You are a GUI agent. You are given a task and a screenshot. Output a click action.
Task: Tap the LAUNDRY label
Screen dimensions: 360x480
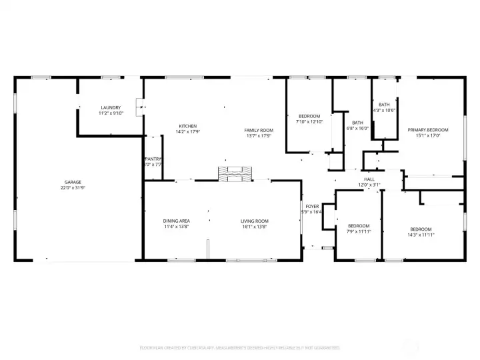coord(111,107)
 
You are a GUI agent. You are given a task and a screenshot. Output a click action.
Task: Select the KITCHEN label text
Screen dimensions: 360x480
coord(188,126)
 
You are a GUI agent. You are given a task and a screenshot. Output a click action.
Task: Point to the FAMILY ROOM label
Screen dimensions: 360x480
coord(259,130)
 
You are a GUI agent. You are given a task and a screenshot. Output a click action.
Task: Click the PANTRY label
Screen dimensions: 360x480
coord(153,159)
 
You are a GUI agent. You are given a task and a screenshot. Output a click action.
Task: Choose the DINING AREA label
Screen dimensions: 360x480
coord(177,221)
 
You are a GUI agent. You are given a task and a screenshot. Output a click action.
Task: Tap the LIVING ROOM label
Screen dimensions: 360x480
coord(255,221)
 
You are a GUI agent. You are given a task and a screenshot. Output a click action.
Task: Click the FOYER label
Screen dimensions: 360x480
coord(312,207)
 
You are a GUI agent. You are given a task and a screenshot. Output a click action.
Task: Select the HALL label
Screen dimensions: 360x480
coord(369,179)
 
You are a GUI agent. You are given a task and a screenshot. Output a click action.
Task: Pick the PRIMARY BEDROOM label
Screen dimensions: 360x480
coord(428,130)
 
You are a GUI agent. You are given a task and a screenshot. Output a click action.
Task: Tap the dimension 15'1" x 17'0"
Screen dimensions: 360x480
coord(428,136)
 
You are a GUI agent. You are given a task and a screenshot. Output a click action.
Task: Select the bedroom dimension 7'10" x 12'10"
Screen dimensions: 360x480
coord(309,122)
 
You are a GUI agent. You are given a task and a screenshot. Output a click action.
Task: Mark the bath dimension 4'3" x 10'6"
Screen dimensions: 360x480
coord(384,110)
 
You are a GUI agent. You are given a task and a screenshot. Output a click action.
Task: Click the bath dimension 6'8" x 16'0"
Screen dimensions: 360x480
coord(358,129)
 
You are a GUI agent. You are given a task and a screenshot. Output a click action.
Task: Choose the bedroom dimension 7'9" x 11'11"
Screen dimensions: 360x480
coord(359,232)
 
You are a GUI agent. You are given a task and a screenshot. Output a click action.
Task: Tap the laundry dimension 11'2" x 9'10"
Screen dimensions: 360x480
coord(111,113)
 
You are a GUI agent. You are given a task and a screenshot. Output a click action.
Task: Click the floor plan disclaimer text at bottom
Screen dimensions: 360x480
coord(239,347)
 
